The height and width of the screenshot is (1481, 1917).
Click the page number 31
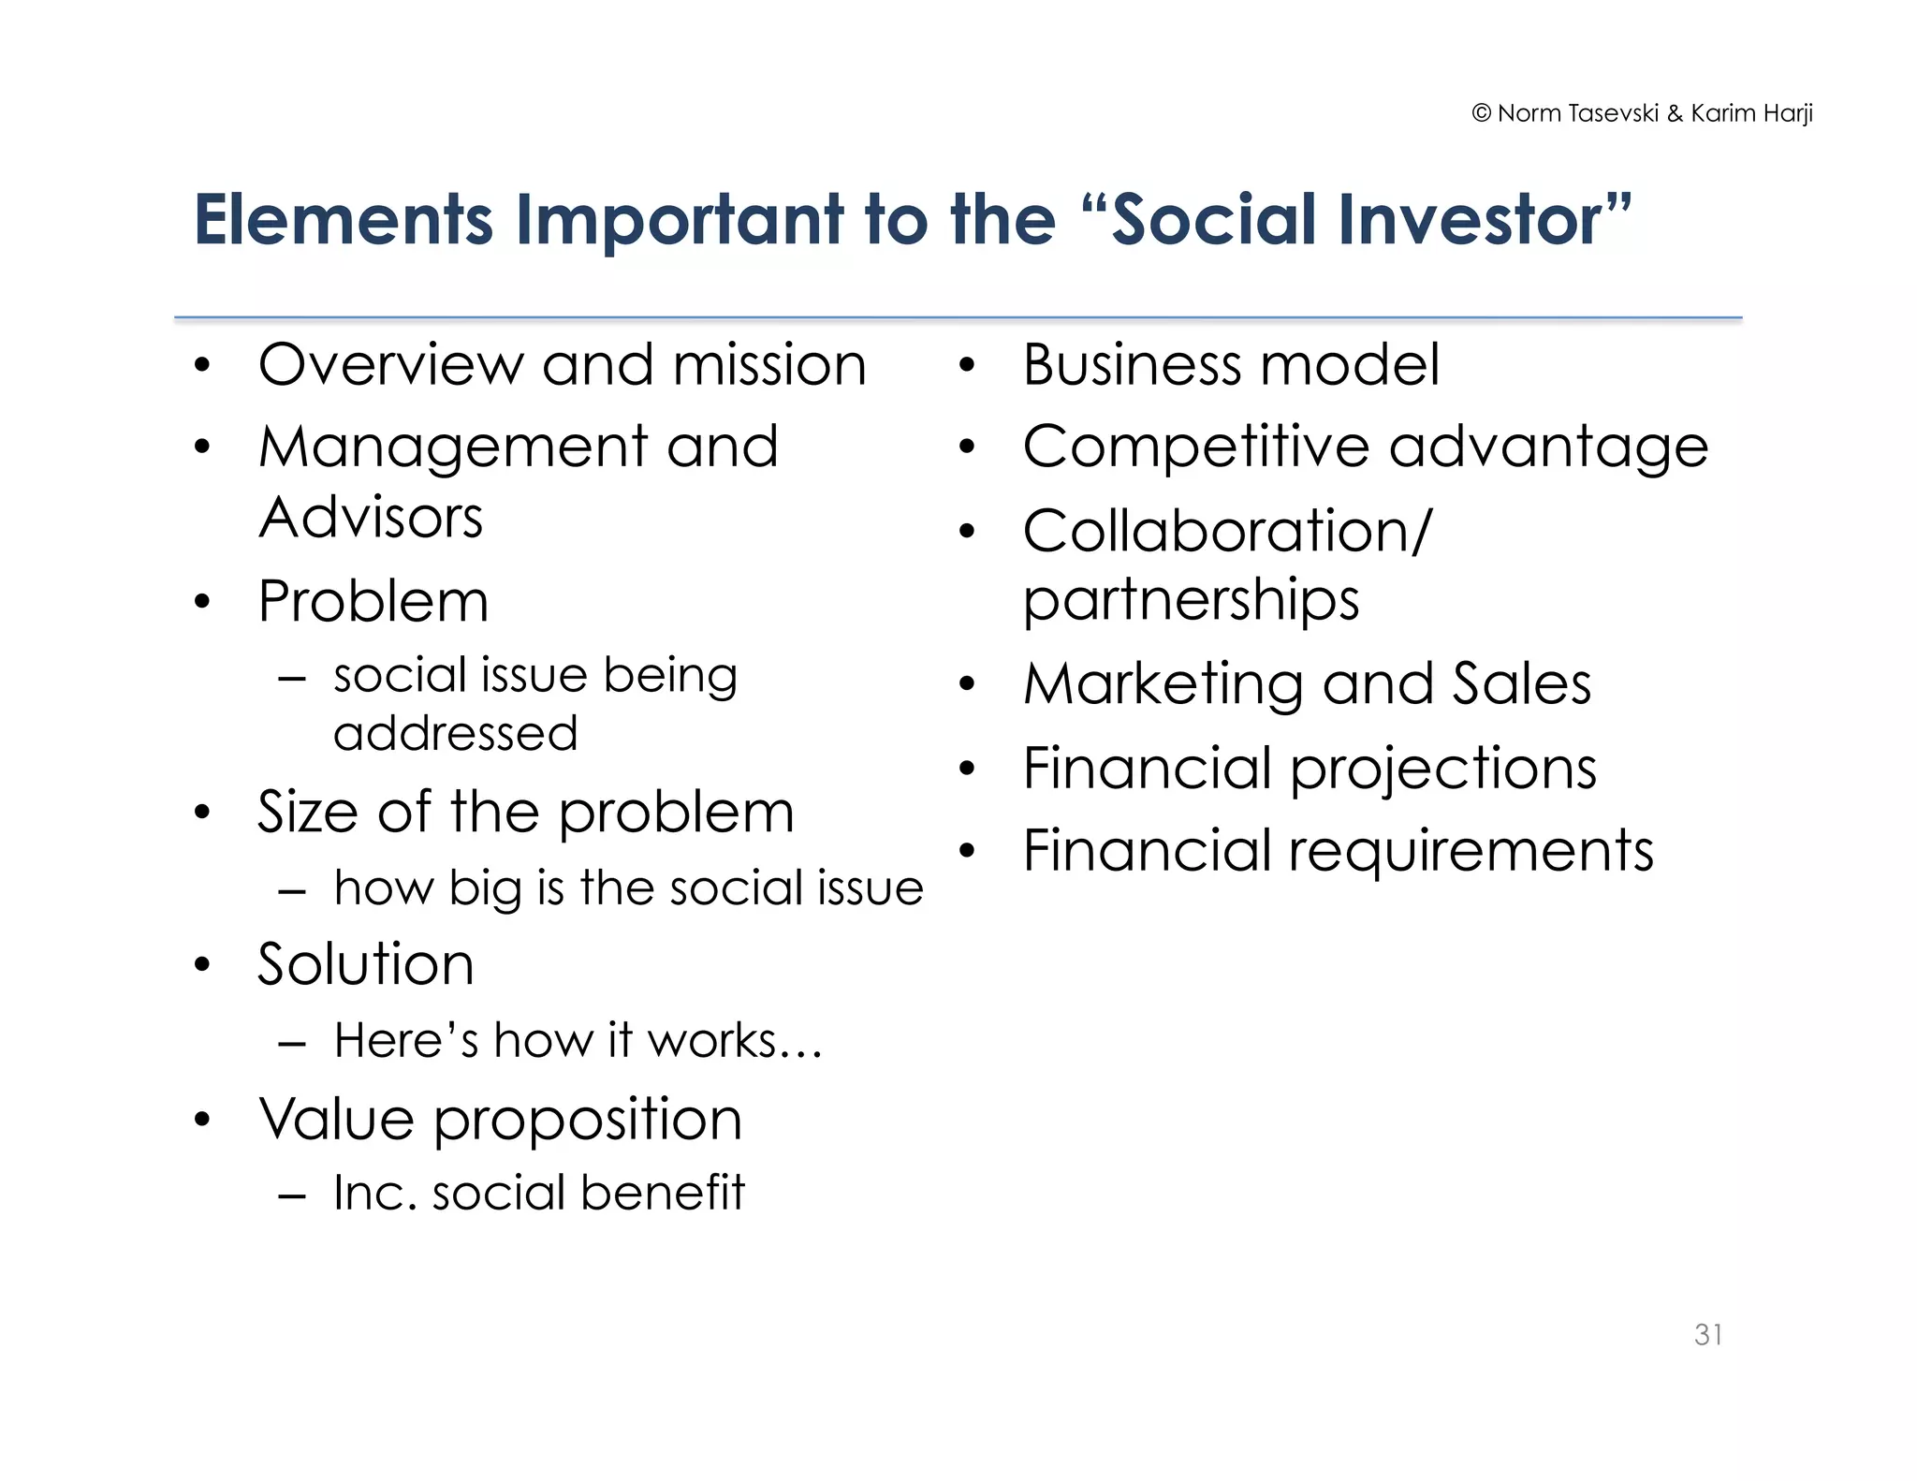[x=1707, y=1334]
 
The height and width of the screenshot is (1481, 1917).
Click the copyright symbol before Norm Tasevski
[x=1481, y=113]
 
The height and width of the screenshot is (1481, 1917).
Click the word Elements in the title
[x=343, y=220]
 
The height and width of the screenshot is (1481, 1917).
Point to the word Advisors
[x=371, y=518]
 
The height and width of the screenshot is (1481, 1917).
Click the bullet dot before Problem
[x=202, y=601]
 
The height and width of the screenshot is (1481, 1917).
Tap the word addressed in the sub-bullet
[x=455, y=733]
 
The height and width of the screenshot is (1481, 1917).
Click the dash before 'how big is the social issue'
[x=292, y=890]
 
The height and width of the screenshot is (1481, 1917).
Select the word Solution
[x=366, y=964]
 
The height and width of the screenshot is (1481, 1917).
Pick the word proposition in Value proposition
[x=588, y=1120]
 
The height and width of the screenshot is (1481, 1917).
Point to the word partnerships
[x=1191, y=601]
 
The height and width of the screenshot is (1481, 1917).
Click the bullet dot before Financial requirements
[x=967, y=851]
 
